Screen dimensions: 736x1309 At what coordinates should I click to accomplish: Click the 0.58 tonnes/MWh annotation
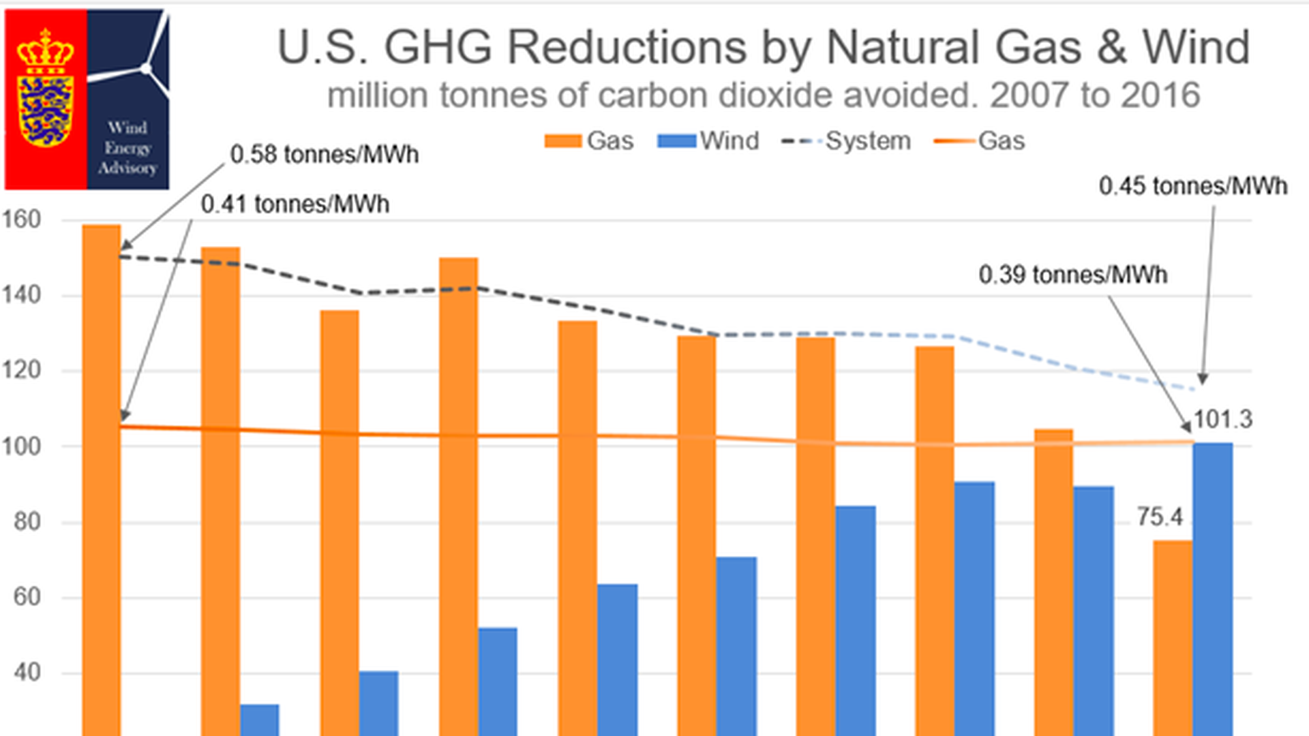(x=324, y=155)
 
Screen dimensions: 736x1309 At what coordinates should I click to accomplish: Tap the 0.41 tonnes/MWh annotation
(x=295, y=204)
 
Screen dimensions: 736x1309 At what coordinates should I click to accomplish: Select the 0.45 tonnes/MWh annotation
(x=1192, y=186)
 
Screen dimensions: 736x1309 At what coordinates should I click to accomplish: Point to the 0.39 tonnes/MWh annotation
(x=1072, y=275)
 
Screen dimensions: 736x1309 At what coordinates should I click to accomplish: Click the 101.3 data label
(x=1222, y=419)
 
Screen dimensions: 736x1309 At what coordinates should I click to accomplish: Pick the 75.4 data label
(x=1159, y=517)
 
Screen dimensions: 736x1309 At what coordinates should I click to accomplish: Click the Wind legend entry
(x=708, y=141)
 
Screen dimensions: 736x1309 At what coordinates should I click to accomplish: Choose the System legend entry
(x=846, y=141)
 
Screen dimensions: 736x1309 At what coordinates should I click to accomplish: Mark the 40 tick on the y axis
(x=27, y=673)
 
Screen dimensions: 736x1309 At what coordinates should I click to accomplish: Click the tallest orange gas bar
(x=102, y=477)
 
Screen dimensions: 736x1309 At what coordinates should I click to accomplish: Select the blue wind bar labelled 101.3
(x=1213, y=586)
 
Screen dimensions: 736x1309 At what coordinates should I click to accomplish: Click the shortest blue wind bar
(x=260, y=720)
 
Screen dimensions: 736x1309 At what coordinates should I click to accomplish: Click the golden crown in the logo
(x=45, y=50)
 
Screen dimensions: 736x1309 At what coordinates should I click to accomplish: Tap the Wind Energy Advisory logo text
(x=127, y=147)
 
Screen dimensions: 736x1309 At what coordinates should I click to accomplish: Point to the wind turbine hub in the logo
(x=145, y=68)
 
